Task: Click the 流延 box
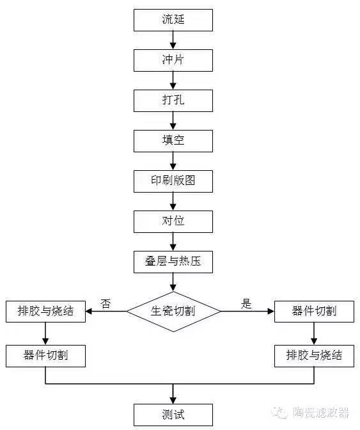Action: (x=173, y=20)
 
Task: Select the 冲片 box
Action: (x=173, y=60)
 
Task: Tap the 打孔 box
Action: (x=173, y=100)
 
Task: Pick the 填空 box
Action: (x=173, y=141)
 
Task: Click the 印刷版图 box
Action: (x=173, y=181)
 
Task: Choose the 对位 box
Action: (x=173, y=221)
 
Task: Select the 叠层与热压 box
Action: (x=173, y=262)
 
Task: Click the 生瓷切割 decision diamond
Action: (x=173, y=311)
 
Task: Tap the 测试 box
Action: (x=173, y=415)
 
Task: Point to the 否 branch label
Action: (x=106, y=303)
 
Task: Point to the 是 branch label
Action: (x=246, y=303)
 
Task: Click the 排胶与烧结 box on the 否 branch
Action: (x=46, y=311)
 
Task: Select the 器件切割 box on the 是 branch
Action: (x=314, y=311)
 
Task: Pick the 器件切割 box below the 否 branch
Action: (x=46, y=356)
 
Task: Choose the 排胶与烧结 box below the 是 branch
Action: (x=314, y=356)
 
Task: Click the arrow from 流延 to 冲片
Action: (x=173, y=40)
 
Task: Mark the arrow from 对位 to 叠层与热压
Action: (x=173, y=242)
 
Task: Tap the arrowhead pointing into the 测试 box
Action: (x=173, y=400)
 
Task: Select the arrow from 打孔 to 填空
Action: (x=173, y=121)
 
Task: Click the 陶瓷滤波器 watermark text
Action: (x=321, y=412)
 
